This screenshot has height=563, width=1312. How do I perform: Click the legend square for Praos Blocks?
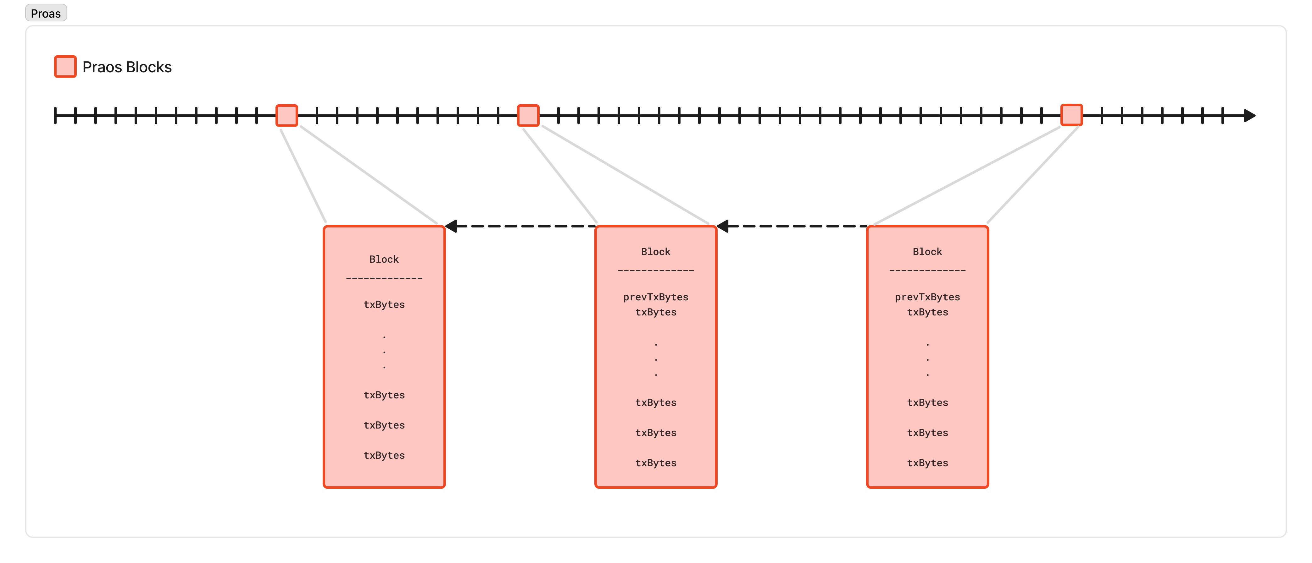pos(65,67)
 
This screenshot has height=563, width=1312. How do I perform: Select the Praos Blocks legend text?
pos(127,67)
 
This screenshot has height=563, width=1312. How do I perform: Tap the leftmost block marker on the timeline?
pos(287,116)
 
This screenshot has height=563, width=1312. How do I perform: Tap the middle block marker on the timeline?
pos(528,116)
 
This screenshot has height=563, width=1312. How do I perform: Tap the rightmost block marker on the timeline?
pos(1072,115)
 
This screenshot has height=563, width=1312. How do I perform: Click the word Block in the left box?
pos(384,259)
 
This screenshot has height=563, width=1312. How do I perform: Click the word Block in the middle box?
pos(655,251)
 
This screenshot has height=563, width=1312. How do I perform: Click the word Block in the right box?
pos(927,251)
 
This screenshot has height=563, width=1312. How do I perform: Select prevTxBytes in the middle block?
pos(655,297)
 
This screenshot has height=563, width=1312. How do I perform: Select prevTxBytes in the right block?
pos(927,297)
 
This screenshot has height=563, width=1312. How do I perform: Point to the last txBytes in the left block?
pos(384,455)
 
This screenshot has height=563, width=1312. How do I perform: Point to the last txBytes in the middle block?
pos(655,463)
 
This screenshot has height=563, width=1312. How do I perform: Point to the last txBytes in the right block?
pos(927,463)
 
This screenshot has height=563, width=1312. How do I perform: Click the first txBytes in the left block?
pos(384,304)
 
